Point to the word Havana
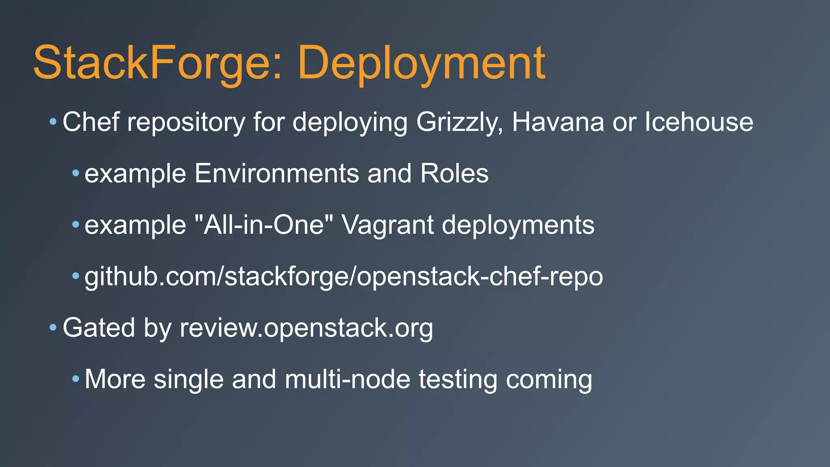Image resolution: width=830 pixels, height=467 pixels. pyautogui.click(x=558, y=122)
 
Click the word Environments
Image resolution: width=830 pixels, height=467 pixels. pyautogui.click(x=276, y=174)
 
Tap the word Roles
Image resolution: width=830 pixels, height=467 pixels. pyautogui.click(x=454, y=174)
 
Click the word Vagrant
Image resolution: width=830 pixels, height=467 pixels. pyautogui.click(x=387, y=225)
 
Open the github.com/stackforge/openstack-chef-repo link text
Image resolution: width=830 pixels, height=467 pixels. pyautogui.click(x=344, y=277)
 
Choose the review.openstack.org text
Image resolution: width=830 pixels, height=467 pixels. pyautogui.click(x=306, y=328)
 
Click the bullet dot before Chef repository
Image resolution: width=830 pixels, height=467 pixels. pyautogui.click(x=53, y=121)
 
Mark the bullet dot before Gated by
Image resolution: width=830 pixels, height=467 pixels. pyautogui.click(x=53, y=327)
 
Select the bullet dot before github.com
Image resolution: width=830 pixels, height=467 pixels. pyautogui.click(x=75, y=276)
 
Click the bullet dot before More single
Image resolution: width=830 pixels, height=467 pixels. pyautogui.click(x=75, y=379)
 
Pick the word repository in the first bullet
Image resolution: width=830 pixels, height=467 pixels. pyautogui.click(x=186, y=122)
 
